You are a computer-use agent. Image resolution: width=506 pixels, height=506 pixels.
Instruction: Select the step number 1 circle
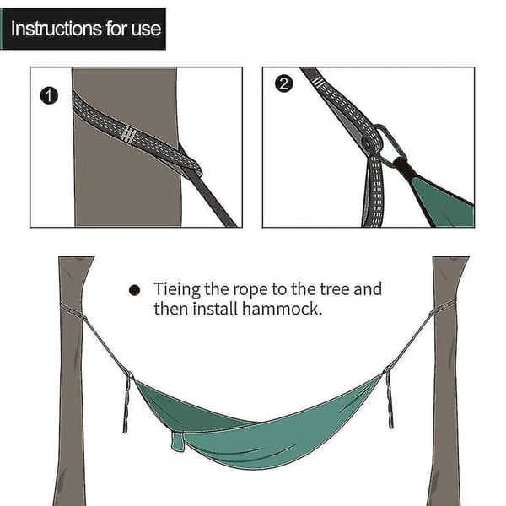(49, 96)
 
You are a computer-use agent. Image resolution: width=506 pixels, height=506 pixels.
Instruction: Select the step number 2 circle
(284, 83)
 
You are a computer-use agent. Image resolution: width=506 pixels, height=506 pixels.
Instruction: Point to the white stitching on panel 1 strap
(128, 134)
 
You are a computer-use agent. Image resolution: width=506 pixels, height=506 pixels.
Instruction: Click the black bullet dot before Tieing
(134, 290)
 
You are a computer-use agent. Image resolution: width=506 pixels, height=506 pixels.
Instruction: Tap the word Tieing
(177, 289)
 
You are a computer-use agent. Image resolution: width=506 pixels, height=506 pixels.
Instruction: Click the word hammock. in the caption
(282, 309)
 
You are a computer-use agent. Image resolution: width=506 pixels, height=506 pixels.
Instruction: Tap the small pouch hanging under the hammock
(178, 441)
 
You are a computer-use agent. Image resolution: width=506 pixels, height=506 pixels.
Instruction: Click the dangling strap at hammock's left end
(126, 403)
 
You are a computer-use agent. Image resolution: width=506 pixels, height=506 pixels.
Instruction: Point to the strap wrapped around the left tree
(73, 310)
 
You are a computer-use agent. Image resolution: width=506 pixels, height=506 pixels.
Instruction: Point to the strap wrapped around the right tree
(443, 307)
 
